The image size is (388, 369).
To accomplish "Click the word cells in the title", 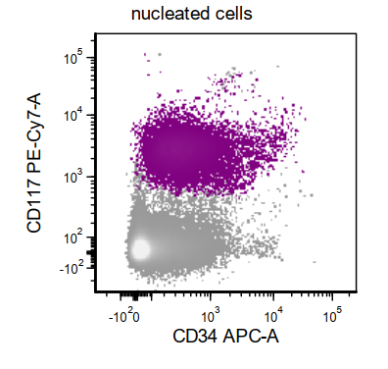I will click(233, 14).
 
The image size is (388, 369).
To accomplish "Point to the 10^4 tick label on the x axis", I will click(271, 316).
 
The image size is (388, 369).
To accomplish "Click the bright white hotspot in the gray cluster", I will click(140, 249).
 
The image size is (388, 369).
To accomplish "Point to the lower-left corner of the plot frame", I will click(94, 292).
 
